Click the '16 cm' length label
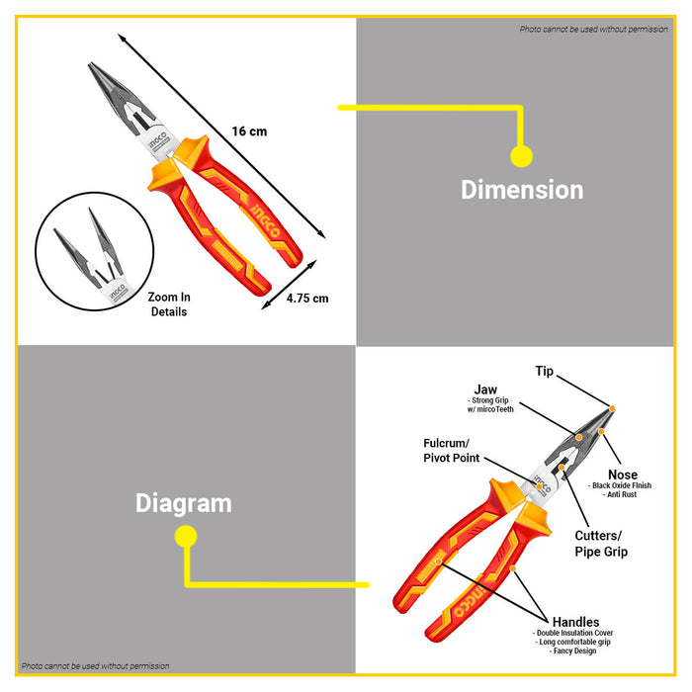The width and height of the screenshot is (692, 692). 249,131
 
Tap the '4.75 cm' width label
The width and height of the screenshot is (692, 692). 307,298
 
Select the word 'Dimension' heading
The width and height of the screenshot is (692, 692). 522,190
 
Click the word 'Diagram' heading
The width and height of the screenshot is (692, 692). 184,503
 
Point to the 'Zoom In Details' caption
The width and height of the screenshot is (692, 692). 169,303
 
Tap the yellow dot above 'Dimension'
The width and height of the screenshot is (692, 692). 521,155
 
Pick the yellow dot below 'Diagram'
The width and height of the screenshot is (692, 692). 185,537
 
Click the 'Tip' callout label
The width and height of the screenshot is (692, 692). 545,372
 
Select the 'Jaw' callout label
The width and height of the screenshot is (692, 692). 485,389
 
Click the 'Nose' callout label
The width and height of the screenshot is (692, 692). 623,475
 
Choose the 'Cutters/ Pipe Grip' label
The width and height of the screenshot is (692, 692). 601,543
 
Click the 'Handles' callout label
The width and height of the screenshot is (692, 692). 575,622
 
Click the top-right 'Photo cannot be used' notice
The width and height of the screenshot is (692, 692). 594,29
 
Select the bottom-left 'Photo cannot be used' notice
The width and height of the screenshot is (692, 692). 96,666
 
